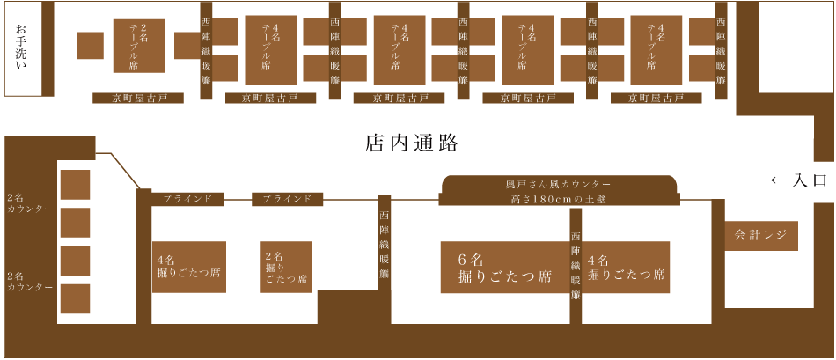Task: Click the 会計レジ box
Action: coord(761,236)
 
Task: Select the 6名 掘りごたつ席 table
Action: coord(504,268)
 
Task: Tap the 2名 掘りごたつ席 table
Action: coord(288,268)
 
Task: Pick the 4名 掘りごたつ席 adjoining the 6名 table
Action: coord(627,268)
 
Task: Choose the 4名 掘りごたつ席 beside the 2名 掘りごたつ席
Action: coord(189,268)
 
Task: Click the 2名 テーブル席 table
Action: coord(139,46)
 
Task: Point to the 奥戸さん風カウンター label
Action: coord(559,183)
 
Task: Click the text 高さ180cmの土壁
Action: coord(559,200)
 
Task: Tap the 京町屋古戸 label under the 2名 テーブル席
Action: coord(138,98)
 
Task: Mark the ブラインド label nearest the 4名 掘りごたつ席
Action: coord(187,199)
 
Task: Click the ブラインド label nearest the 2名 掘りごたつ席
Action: coord(287,199)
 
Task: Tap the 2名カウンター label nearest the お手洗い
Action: coord(29,203)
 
